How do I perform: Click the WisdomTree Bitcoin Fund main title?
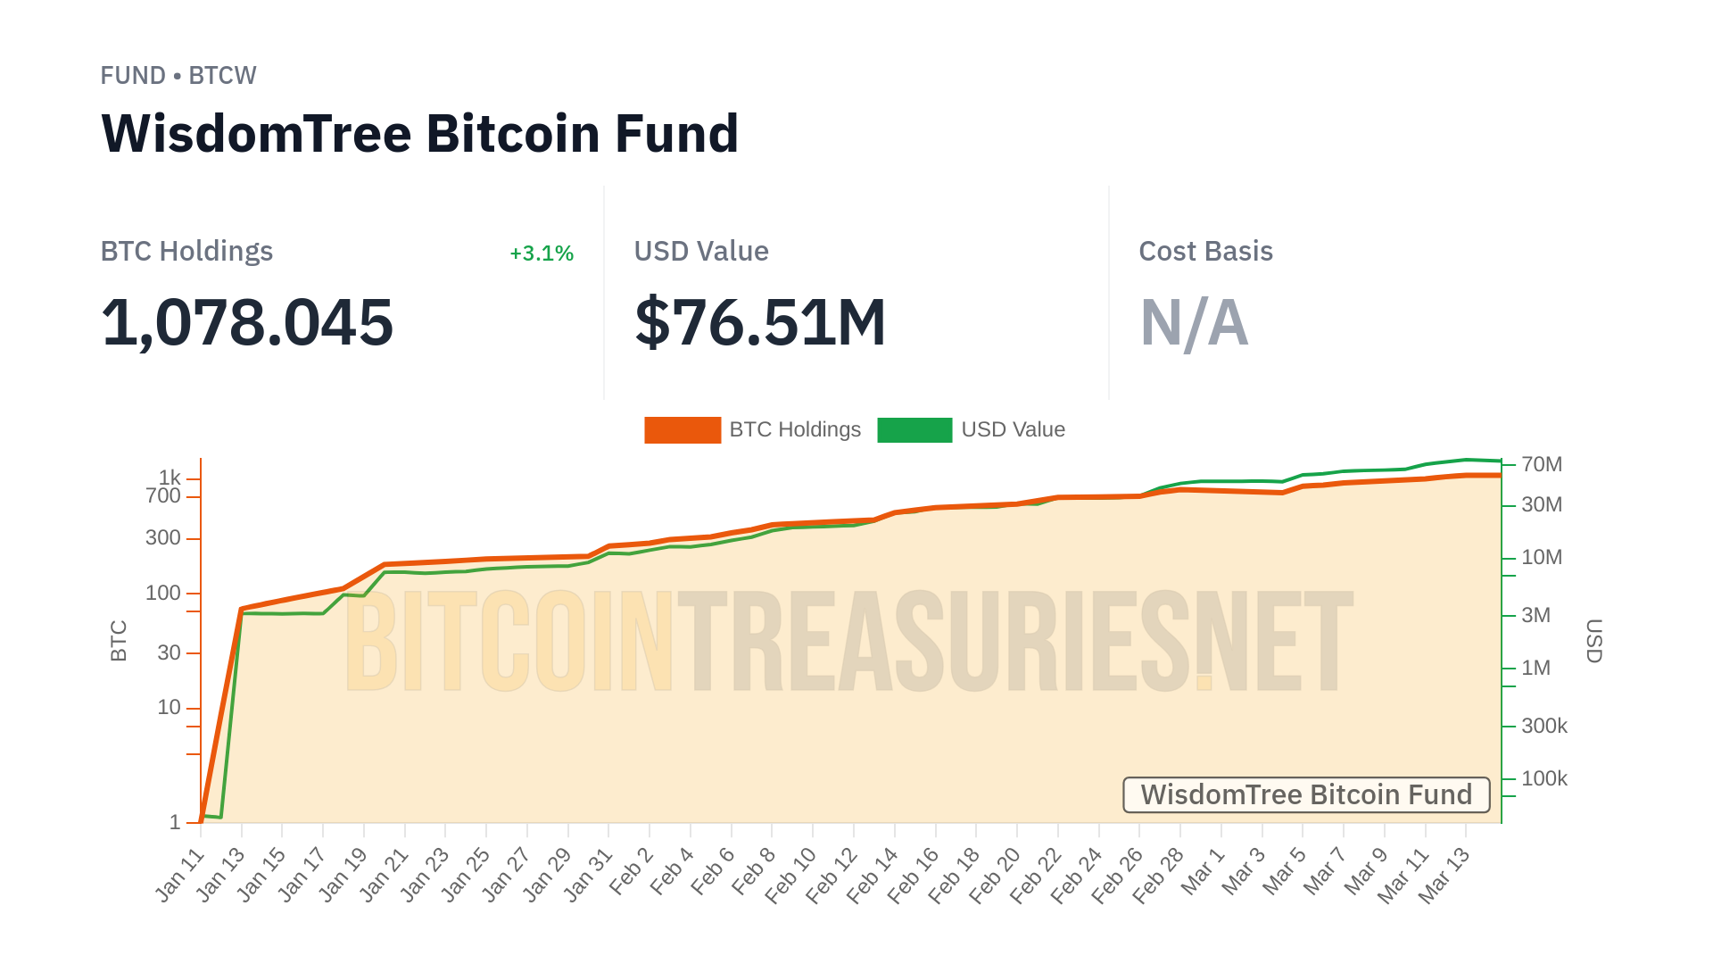(x=419, y=134)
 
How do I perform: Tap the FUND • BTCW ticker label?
(x=178, y=76)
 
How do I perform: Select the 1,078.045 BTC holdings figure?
(x=247, y=322)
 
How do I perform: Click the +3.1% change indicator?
(x=542, y=253)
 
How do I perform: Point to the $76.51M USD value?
(x=760, y=322)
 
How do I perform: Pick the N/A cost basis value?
(x=1194, y=322)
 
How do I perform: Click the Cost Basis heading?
(x=1205, y=252)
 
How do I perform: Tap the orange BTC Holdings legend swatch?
(x=683, y=430)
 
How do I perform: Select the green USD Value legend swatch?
(x=914, y=430)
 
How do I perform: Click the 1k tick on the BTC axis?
(x=170, y=478)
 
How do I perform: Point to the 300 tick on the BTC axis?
(x=163, y=538)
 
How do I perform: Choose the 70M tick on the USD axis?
(x=1542, y=465)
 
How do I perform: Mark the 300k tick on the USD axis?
(x=1544, y=727)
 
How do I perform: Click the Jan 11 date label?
(x=180, y=876)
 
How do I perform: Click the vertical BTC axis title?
(x=119, y=641)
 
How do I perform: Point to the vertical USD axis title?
(x=1594, y=641)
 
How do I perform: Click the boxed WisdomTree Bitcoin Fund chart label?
(x=1306, y=794)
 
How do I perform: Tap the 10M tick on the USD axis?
(x=1542, y=558)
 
